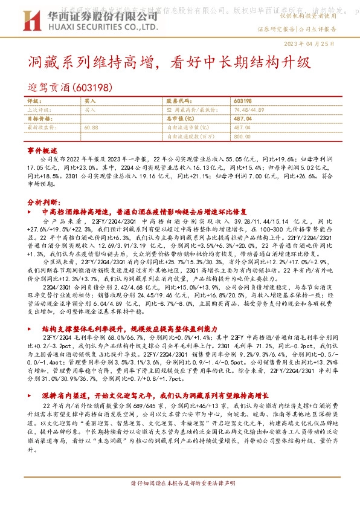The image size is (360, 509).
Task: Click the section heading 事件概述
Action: pyautogui.click(x=42, y=149)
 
